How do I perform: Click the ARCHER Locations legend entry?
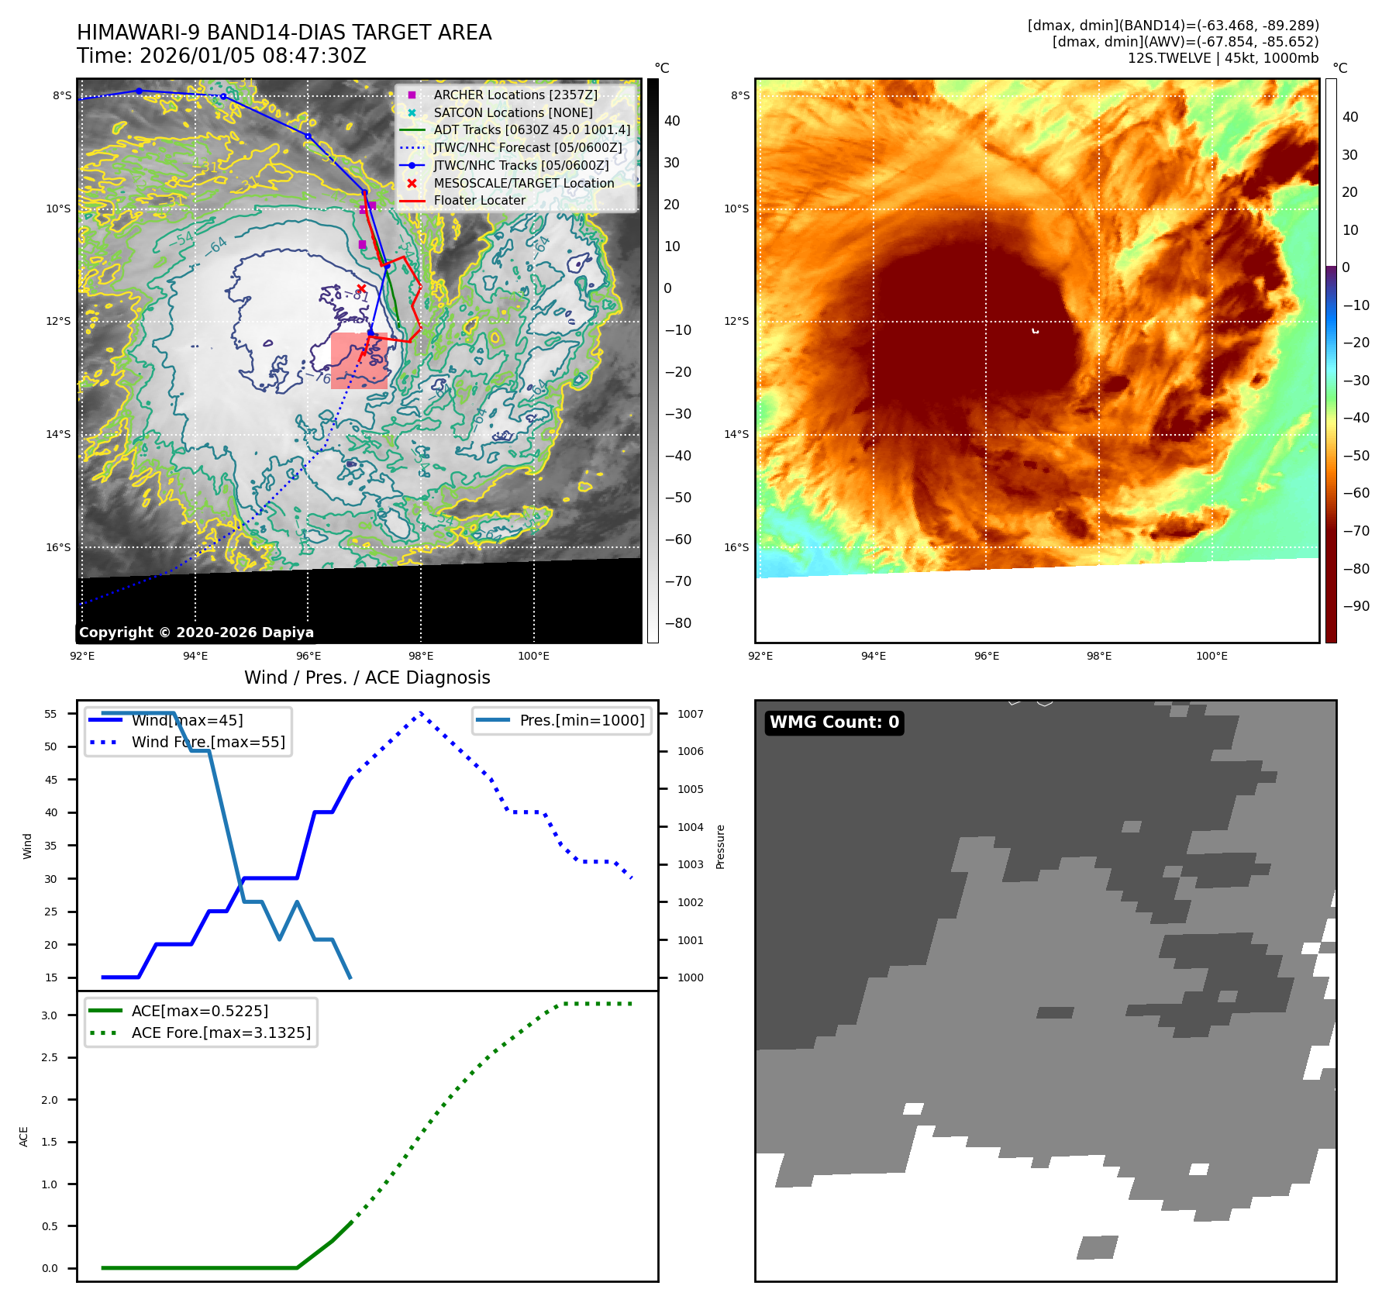515,95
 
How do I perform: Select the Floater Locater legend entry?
479,200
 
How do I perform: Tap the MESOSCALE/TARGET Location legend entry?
523,183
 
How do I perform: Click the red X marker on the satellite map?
361,288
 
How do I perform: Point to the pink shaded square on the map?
359,360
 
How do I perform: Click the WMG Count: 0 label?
834,722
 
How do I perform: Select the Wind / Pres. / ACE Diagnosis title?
367,677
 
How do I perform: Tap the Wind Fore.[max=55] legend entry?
208,742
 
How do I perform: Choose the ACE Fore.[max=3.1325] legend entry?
221,1032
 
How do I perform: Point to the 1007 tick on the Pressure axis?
690,714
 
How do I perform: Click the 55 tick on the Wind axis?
51,714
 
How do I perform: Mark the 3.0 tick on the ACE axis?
50,1015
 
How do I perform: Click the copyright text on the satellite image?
196,633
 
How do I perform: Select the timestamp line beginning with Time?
222,56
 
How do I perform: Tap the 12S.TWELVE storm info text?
1222,58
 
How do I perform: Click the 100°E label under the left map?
533,656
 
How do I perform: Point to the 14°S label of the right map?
736,434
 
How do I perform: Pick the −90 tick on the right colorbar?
1356,606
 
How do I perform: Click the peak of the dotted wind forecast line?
421,712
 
